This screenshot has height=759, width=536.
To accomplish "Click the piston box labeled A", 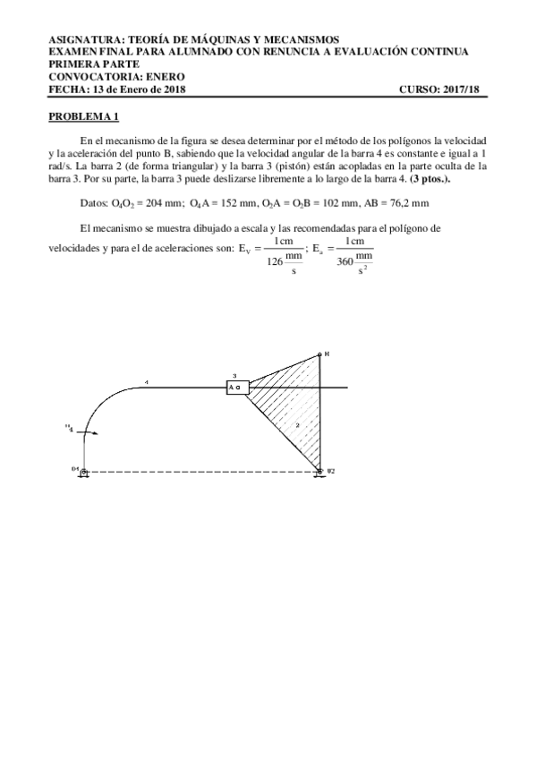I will point(237,388).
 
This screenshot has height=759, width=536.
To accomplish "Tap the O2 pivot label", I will point(330,470).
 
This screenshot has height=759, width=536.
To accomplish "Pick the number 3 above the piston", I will point(234,376).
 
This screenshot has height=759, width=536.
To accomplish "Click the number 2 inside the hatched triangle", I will point(296,427).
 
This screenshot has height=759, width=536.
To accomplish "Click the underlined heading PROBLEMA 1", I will point(83,117).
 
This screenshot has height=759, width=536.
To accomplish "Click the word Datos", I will point(93,203).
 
